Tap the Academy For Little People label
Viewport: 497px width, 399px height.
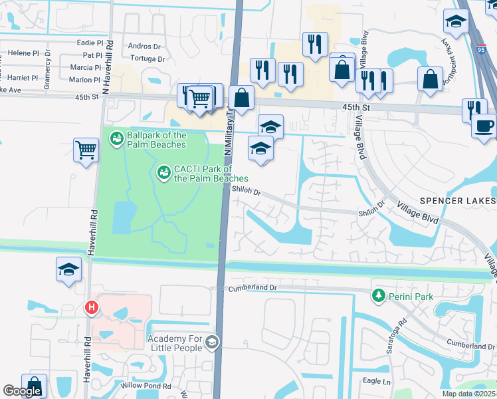point(175,342)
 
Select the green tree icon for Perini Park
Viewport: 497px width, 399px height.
point(379,295)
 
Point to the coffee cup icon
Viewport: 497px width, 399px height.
point(484,125)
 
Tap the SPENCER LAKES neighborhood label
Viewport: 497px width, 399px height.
point(457,201)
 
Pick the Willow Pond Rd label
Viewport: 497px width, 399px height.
point(146,386)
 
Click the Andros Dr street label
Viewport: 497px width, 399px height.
point(144,47)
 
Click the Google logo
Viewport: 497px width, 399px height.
point(22,391)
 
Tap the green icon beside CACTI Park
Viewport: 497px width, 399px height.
point(163,173)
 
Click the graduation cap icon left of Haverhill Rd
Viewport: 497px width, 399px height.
point(68,269)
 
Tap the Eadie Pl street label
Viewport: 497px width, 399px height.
point(86,43)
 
